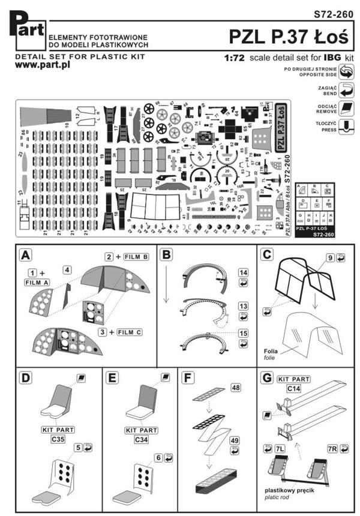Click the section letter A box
[x=26, y=254]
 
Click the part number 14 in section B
[x=243, y=272]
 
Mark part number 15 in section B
[x=243, y=332]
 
